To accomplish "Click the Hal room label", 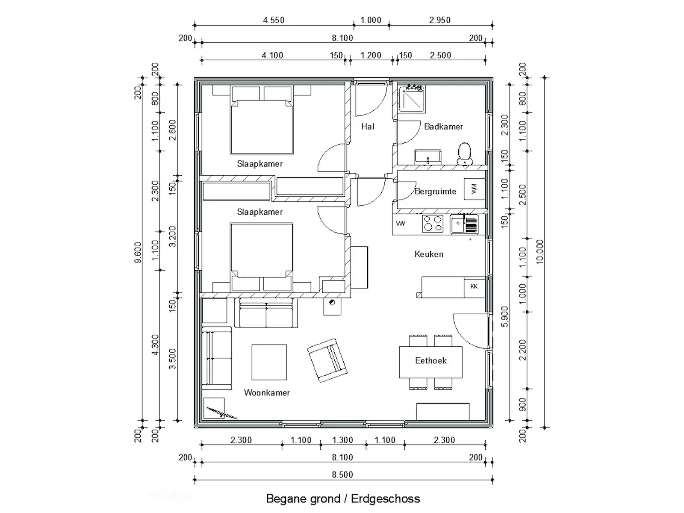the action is [x=367, y=127].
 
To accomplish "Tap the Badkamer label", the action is [x=443, y=127].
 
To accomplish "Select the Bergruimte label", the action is [x=435, y=191].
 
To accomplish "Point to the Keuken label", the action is [x=429, y=254].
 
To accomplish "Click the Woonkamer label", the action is [x=267, y=392].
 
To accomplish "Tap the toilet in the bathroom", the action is [x=464, y=153].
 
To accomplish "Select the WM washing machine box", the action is [x=474, y=189].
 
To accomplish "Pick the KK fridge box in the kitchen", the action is [x=474, y=287].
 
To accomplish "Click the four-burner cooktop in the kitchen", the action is [x=433, y=224].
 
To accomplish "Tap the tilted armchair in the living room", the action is [x=327, y=360].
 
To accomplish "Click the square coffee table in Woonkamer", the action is [x=269, y=362].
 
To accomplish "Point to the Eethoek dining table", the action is [x=430, y=362].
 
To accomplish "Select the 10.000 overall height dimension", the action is [x=540, y=252].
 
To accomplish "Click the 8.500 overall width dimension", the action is [x=342, y=475].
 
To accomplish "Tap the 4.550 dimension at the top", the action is [x=274, y=20].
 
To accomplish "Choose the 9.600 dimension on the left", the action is [x=138, y=252].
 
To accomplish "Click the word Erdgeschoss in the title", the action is [x=385, y=498].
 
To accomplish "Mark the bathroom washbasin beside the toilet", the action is [x=427, y=157].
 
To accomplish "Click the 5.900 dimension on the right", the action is [x=505, y=317].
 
